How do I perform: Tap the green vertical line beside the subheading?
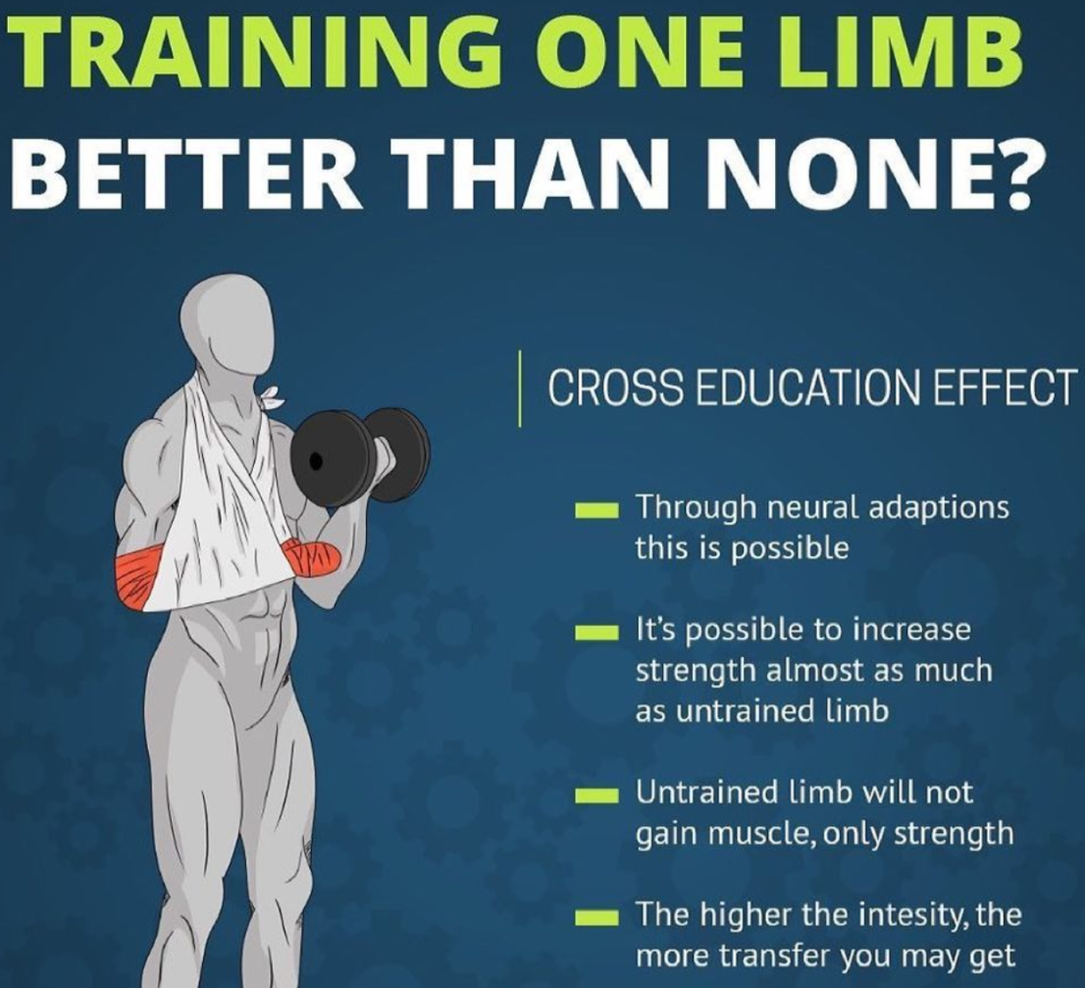[x=520, y=389]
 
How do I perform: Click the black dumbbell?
[x=360, y=456]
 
